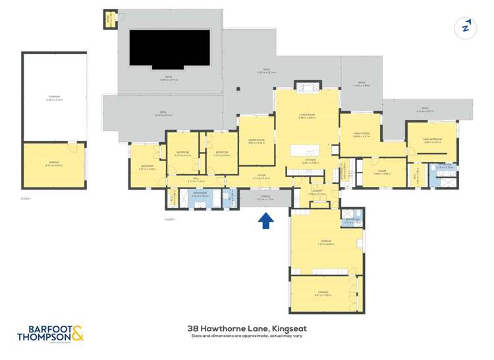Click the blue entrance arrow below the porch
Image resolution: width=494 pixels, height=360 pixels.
266,220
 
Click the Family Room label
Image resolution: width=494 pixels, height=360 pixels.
361,135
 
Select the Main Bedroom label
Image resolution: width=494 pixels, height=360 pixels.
432,140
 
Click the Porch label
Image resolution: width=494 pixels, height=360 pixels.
265,196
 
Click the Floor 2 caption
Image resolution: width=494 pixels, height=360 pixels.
169,219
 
